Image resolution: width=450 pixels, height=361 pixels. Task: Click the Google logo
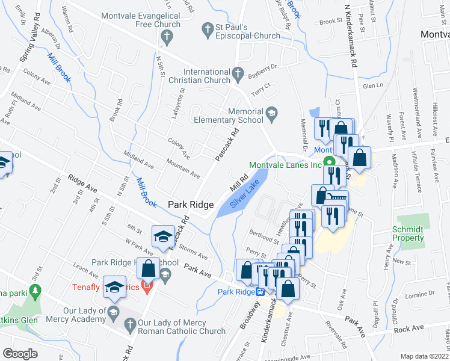click(x=20, y=354)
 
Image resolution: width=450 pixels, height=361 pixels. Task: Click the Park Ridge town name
click(x=191, y=205)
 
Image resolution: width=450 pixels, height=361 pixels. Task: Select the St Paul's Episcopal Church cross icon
click(x=207, y=29)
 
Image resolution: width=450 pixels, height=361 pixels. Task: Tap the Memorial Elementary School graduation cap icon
click(x=272, y=113)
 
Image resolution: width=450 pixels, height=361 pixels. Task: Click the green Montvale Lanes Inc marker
click(x=329, y=161)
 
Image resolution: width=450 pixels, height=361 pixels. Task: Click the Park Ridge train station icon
click(x=260, y=291)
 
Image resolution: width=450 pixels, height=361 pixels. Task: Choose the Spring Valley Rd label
click(x=28, y=45)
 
